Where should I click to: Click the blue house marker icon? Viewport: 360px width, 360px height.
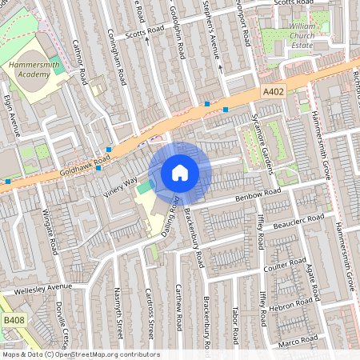click(x=180, y=172)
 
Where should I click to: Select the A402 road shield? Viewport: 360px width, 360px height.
click(x=273, y=94)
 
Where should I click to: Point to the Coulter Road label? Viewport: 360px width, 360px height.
click(x=286, y=266)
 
